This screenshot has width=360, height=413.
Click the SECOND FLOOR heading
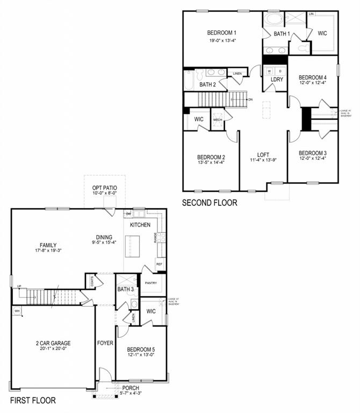[209, 203]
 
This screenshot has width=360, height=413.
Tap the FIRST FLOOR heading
[32, 401]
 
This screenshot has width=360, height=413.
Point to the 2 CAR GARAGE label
[53, 343]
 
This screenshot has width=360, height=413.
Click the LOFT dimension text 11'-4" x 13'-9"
[263, 160]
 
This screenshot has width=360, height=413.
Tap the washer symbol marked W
[269, 70]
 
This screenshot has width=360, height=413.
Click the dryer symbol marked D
[279, 70]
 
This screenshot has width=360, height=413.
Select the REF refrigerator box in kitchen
[159, 264]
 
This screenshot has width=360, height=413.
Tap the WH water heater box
[17, 311]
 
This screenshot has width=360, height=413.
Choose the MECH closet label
[218, 119]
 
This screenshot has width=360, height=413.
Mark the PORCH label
[131, 388]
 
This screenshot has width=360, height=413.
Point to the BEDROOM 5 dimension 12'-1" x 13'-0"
[140, 355]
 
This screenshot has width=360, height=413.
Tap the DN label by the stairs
[250, 100]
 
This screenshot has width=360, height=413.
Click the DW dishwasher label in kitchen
[128, 214]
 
